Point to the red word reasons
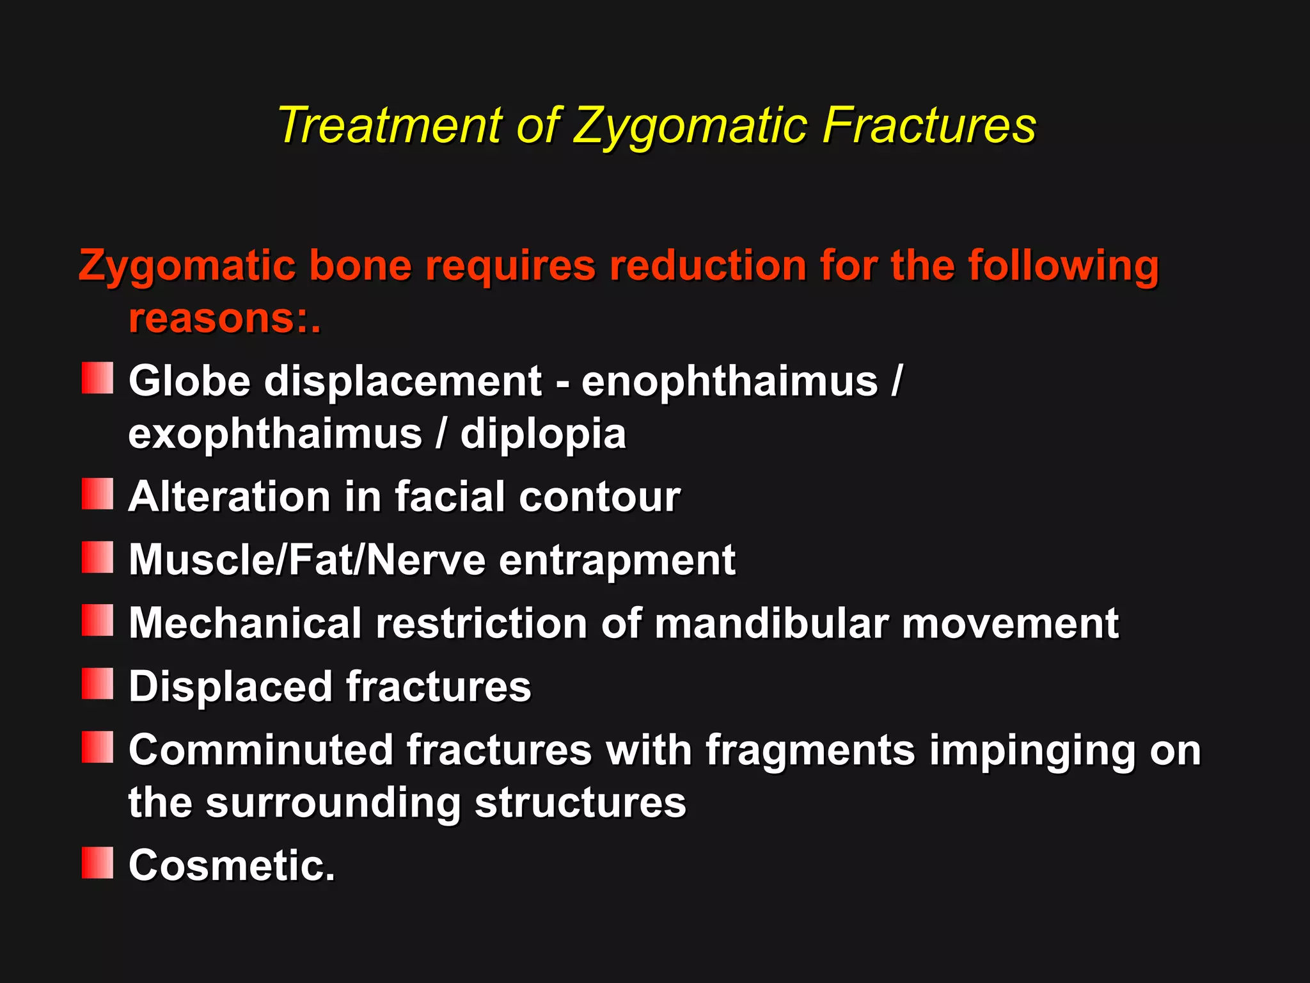[212, 318]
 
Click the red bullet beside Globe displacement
[97, 378]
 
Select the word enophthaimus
[729, 381]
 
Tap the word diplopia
[543, 435]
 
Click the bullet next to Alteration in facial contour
[97, 494]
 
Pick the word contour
[599, 497]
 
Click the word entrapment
[617, 560]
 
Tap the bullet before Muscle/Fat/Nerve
[97, 557]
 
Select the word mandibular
[771, 623]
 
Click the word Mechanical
[245, 623]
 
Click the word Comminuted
[260, 750]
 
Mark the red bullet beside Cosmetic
[97, 863]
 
